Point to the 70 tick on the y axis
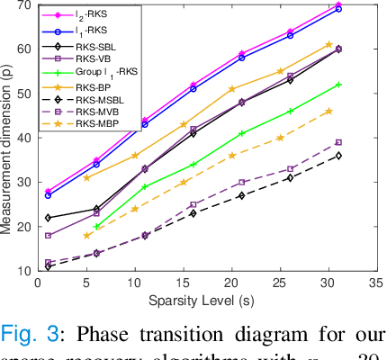(23, 5)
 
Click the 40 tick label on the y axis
(23, 138)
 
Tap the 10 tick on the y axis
(23, 270)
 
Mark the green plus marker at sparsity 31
(339, 85)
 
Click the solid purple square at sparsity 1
(48, 236)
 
